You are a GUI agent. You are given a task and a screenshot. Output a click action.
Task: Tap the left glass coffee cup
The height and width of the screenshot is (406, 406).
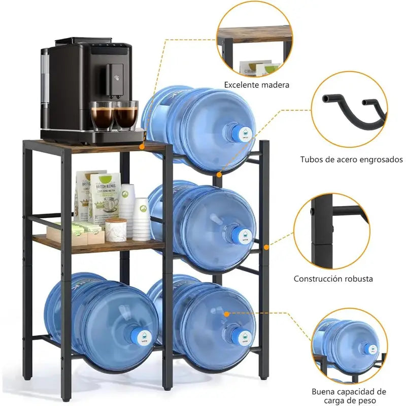(102, 116)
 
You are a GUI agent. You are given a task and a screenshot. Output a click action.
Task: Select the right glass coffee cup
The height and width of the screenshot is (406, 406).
(126, 115)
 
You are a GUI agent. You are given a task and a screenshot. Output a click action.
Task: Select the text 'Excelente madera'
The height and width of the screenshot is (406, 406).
(257, 85)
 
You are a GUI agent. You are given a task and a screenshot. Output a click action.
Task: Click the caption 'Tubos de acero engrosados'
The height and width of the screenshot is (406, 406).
(351, 159)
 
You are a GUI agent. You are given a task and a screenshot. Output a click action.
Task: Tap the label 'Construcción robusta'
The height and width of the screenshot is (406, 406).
(333, 279)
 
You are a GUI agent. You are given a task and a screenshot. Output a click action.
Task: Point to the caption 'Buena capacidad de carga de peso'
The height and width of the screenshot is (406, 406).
(349, 396)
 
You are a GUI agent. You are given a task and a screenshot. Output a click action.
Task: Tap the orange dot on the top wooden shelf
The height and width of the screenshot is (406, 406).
(142, 147)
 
